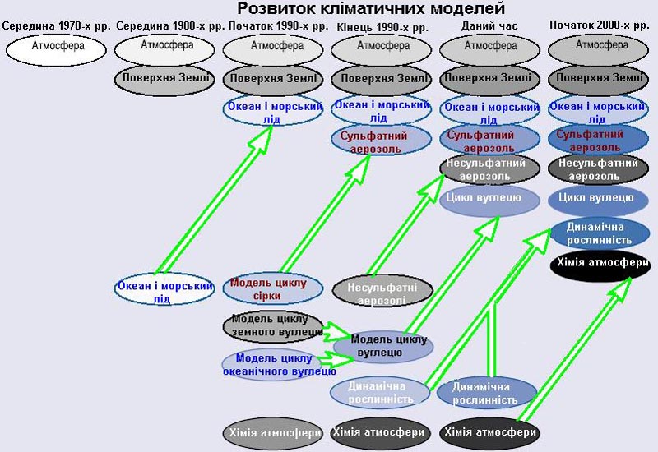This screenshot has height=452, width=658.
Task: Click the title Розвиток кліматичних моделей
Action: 371,9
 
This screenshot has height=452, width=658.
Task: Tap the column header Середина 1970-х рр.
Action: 56,26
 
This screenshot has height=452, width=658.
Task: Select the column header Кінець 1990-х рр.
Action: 382,27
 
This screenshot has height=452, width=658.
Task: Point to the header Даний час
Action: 490,26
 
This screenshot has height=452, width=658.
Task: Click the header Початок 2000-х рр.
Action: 599,25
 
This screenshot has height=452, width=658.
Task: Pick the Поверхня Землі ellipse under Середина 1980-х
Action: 164,80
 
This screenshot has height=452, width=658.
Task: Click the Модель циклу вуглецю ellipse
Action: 383,344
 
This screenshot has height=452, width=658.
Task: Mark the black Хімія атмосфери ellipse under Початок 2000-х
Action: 603,265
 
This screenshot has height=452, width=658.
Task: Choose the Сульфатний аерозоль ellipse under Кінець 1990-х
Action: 382,141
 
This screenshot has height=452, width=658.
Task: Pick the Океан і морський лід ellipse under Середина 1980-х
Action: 164,289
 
